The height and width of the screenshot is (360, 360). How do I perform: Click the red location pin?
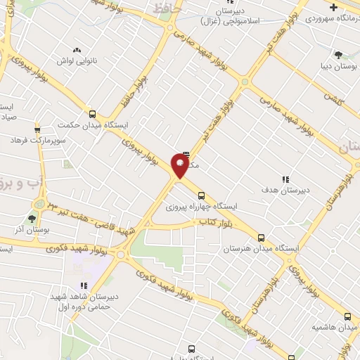point(180,167)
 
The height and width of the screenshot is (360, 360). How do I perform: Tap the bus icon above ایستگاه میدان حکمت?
point(92,114)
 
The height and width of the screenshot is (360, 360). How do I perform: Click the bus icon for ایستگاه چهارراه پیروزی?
point(201,196)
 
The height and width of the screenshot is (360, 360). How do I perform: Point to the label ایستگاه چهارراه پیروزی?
point(201,207)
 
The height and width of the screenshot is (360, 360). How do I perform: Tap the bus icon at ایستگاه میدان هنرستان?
point(262,238)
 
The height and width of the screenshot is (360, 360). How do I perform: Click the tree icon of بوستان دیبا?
point(338,53)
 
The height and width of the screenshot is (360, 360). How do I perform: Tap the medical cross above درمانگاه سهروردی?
point(352,7)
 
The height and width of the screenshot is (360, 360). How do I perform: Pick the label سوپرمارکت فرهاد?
point(37,141)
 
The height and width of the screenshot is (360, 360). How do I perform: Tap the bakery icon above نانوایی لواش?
point(77,49)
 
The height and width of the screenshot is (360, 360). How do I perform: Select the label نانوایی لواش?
point(77,60)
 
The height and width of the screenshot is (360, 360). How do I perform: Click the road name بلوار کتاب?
point(211,222)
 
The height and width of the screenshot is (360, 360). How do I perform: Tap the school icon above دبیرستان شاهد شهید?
point(83,286)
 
